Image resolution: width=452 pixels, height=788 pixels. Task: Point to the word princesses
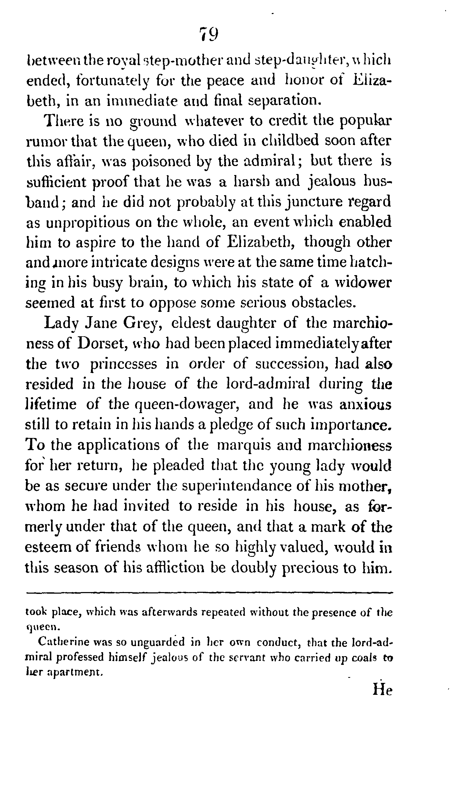123,364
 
